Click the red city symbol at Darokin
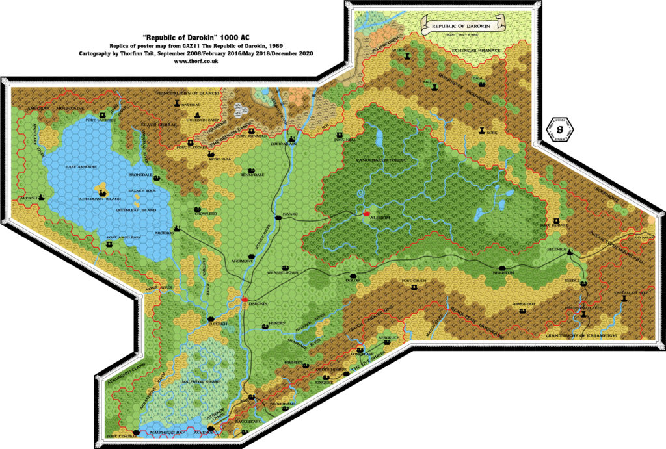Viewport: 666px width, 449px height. click(x=245, y=299)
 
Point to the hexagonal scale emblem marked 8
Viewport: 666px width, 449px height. click(x=559, y=129)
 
